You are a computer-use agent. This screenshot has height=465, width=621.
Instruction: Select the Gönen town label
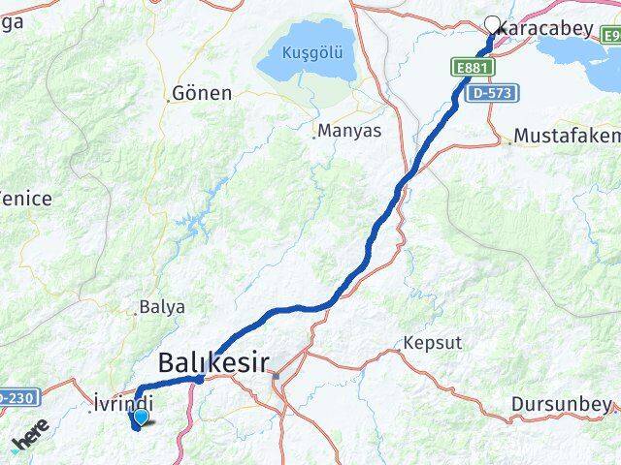[x=201, y=94]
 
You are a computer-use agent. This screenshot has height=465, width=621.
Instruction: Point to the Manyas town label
[x=349, y=130]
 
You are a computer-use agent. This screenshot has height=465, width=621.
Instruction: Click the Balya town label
[x=162, y=307]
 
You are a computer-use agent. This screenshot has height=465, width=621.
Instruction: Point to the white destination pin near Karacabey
[x=491, y=25]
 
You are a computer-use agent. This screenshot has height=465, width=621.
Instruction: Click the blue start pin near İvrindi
[x=141, y=418]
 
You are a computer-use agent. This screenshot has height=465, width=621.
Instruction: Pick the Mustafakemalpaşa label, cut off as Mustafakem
[x=568, y=136]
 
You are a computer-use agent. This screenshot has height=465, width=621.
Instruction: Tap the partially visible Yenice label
[x=25, y=198]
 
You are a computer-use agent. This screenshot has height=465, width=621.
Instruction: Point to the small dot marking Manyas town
[x=314, y=137]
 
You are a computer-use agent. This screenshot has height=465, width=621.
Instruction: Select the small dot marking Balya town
[x=136, y=313]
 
